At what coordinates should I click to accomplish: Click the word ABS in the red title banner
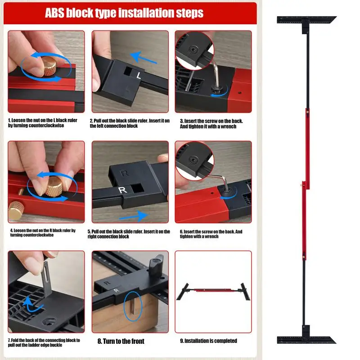coord(54,13)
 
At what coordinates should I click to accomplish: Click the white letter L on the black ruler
coord(139,75)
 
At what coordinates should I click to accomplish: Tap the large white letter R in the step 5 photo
coord(122,190)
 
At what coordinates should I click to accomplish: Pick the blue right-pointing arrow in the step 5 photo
coord(133,216)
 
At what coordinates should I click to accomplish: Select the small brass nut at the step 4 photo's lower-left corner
coord(16,210)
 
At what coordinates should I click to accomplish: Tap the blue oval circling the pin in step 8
coord(133,306)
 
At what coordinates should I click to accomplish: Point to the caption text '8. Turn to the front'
coord(121,342)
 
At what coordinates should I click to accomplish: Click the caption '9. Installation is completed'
coord(208,341)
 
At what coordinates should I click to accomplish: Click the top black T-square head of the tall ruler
coord(306,22)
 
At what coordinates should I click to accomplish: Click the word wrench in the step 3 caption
coord(229,126)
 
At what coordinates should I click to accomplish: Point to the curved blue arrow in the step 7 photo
coord(32,305)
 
